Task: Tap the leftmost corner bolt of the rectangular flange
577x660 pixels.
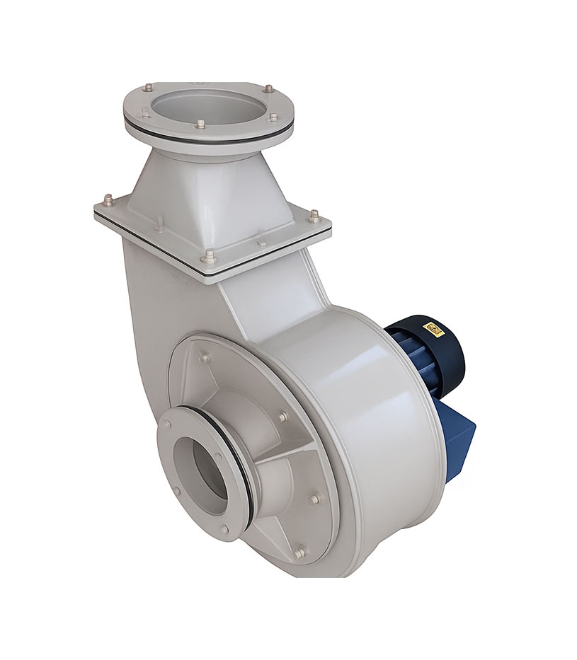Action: pos(108,199)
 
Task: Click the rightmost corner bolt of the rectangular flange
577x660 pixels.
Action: pos(314,214)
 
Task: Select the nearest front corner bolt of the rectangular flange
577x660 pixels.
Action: pos(207,255)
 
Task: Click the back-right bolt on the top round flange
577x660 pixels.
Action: pos(268,89)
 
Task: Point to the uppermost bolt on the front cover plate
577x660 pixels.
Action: pos(205,357)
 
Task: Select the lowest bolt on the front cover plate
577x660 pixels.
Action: pos(300,550)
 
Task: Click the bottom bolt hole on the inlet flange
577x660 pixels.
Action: pos(224,528)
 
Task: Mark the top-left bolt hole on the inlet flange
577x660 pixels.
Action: pos(167,424)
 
